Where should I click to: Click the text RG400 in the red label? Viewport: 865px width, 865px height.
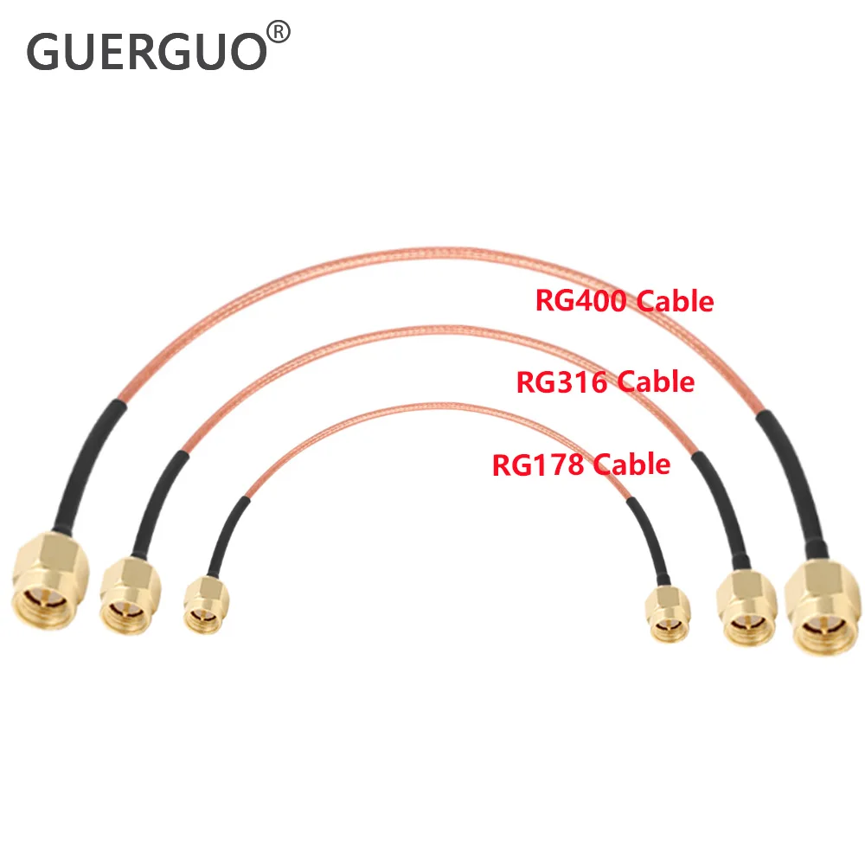(582, 301)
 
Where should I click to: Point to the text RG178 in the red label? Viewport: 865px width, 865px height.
(538, 465)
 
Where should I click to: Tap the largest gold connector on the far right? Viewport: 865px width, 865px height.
(822, 606)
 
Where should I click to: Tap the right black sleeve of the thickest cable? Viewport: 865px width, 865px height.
(789, 484)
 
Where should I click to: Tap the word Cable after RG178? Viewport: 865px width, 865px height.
(631, 465)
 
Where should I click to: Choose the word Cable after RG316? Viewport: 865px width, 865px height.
(656, 381)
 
